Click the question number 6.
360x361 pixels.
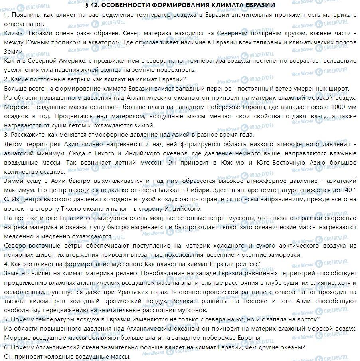(x=5, y=347)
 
